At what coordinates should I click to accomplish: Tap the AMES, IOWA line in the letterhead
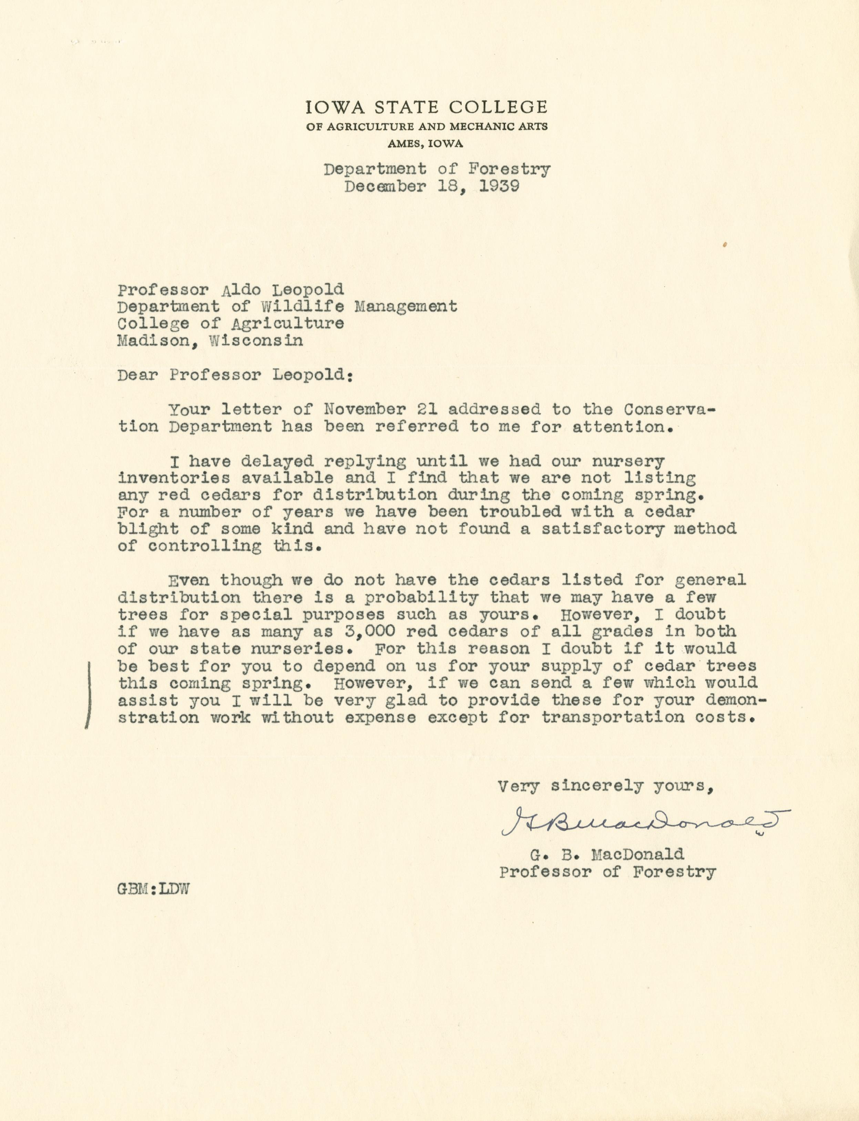point(426,144)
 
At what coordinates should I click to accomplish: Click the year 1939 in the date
point(500,186)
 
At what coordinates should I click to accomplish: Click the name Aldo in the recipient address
point(239,290)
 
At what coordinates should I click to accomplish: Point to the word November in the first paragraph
point(366,409)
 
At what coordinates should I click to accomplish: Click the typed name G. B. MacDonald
point(606,854)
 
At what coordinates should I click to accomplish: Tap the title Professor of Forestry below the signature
point(607,871)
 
